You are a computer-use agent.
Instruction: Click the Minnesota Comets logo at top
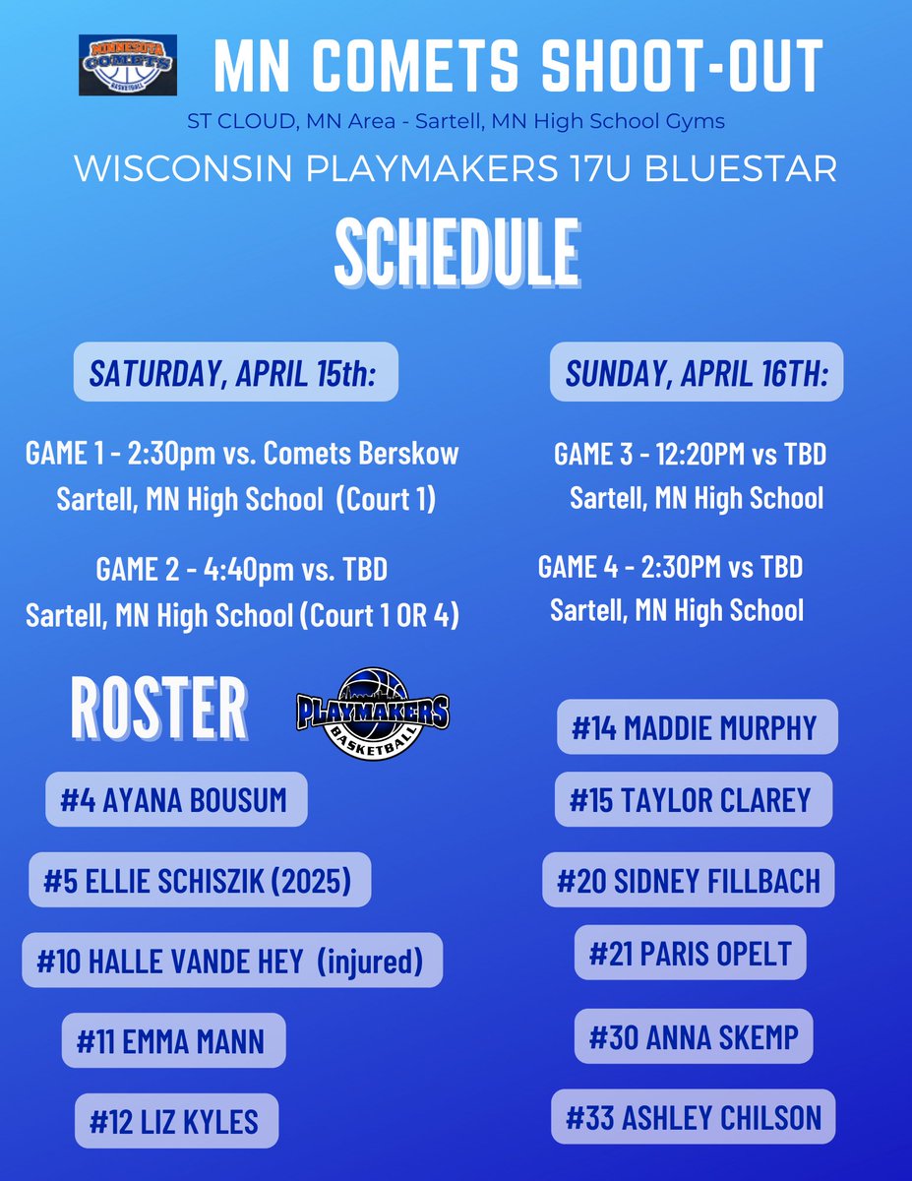128,65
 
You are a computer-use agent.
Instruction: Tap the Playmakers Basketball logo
373,715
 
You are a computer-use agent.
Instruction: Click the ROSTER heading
158,707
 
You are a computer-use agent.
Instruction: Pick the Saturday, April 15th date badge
235,372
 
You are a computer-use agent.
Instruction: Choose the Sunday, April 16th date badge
696,372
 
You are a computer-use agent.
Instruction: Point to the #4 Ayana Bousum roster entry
176,800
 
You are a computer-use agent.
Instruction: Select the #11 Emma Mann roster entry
173,1040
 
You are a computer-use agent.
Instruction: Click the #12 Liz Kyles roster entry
177,1121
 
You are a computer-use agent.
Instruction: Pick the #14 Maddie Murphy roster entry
697,727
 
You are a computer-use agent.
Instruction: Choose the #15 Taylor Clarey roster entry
694,799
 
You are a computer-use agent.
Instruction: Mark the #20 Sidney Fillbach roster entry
689,880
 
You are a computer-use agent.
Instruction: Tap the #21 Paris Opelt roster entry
690,953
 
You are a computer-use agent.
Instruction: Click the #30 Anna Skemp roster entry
694,1036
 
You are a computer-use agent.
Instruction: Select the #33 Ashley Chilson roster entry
694,1117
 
